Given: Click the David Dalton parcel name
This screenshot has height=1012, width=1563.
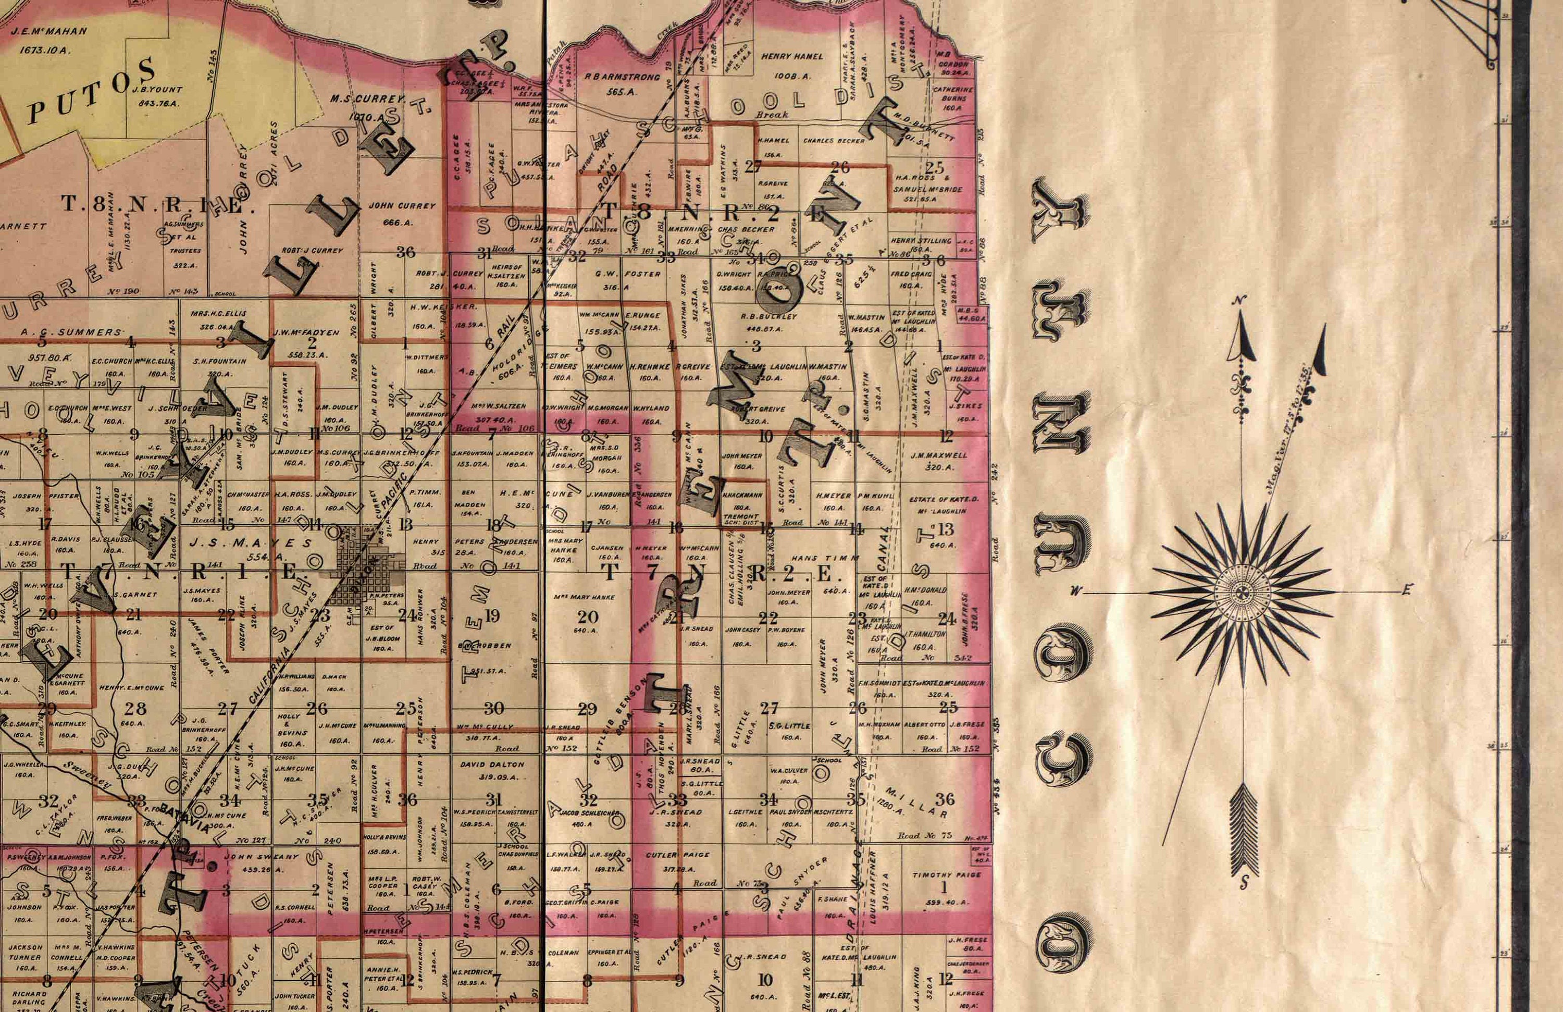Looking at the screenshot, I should [492, 765].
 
